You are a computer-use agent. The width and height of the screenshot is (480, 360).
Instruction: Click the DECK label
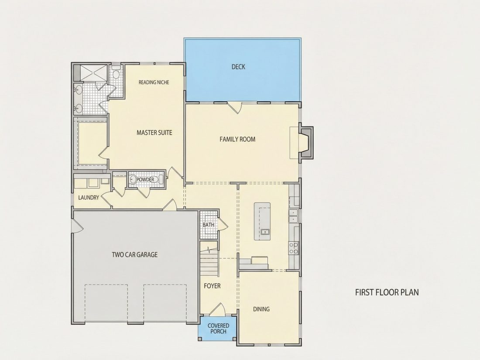click(x=238, y=67)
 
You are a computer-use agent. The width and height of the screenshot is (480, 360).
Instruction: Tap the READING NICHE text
click(x=154, y=82)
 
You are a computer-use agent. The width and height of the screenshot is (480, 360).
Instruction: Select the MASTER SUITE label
click(x=154, y=133)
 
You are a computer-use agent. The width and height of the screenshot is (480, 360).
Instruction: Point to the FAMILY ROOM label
click(x=237, y=139)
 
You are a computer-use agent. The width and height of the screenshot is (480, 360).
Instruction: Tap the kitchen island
click(x=262, y=221)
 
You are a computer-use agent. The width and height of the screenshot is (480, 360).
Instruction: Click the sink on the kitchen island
click(x=265, y=232)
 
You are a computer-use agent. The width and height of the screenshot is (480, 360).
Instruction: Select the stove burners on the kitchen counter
click(x=294, y=248)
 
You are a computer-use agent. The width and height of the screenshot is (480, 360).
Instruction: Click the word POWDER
click(x=145, y=179)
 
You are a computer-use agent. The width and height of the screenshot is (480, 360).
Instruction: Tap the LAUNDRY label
click(x=89, y=197)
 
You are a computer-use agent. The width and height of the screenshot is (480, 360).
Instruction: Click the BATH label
click(x=209, y=225)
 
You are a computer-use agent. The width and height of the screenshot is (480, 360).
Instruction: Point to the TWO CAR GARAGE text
click(x=135, y=254)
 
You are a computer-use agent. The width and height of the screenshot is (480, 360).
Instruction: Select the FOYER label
click(x=212, y=286)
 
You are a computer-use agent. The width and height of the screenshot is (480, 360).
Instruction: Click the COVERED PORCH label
click(x=218, y=329)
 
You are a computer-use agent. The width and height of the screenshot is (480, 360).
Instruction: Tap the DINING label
click(x=261, y=309)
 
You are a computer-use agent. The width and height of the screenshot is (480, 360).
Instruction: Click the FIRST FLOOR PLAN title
click(x=387, y=292)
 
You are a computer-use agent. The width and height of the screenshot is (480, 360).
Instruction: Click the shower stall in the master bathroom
click(x=93, y=73)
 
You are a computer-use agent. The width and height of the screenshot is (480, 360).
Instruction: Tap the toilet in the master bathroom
click(x=116, y=72)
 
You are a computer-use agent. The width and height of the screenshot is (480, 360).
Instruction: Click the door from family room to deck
click(x=235, y=107)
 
